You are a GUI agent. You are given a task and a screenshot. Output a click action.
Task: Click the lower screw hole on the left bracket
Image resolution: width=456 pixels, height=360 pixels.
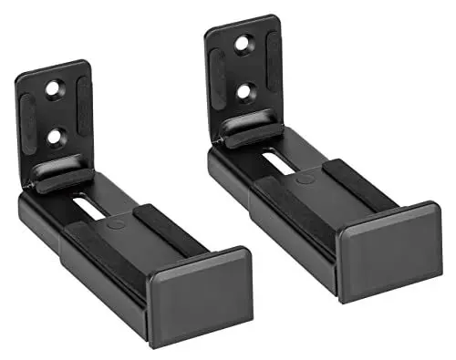point(57,136)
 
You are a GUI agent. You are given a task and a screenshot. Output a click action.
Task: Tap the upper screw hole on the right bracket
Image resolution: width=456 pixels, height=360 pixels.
point(244,43)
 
